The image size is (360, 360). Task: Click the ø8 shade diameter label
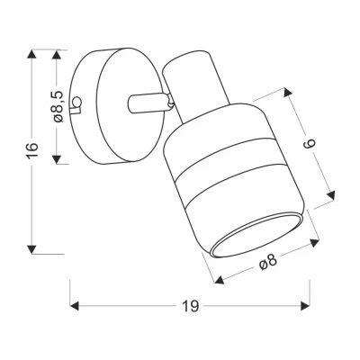click(266, 263)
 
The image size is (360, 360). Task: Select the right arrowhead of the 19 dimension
click(303, 306)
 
